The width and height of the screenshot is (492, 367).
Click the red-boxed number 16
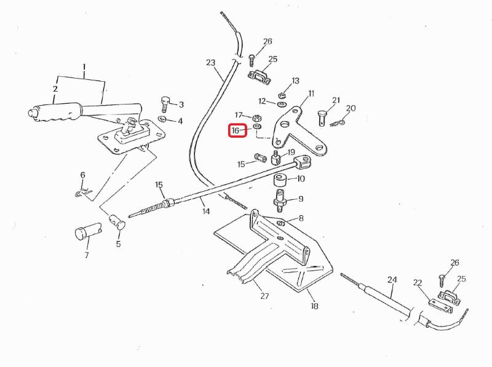coord(236,130)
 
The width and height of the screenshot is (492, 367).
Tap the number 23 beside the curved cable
coord(210,63)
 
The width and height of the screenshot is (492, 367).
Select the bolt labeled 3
coord(165,104)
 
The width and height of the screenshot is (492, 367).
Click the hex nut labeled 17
coord(256,118)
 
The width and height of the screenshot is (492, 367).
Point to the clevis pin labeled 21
coord(322,118)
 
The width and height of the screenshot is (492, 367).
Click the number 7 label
coord(86,255)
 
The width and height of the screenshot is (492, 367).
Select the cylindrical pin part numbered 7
coord(87,232)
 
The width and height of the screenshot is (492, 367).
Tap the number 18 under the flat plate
coord(314,306)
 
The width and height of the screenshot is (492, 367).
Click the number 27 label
coord(264,296)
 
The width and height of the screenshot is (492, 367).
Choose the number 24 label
coord(392,279)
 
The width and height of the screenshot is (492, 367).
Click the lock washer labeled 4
coord(162,119)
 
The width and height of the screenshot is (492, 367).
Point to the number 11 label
coord(311,93)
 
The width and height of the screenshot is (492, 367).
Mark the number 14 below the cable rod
coord(206,211)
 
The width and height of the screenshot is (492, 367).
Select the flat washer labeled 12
coord(282,103)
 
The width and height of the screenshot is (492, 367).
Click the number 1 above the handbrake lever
coord(84,67)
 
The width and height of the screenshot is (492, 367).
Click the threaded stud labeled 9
coord(280,200)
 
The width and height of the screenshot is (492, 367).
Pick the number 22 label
coord(417,283)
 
